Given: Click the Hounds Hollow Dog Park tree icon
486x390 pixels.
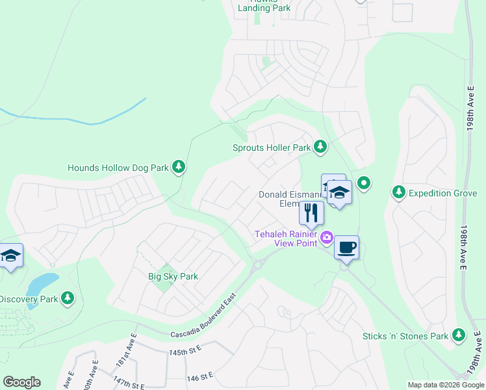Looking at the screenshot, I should pyautogui.click(x=179, y=167).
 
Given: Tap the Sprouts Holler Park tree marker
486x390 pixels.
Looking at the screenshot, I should pyautogui.click(x=320, y=147).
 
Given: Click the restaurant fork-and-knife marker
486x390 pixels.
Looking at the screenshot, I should pyautogui.click(x=311, y=213).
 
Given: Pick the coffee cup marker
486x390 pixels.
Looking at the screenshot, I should pyautogui.click(x=346, y=247).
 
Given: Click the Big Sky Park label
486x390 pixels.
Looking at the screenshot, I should pyautogui.click(x=173, y=276).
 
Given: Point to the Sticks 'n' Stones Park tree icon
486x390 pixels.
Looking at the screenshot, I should pyautogui.click(x=459, y=335).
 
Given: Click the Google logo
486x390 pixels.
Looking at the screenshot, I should pyautogui.click(x=21, y=382).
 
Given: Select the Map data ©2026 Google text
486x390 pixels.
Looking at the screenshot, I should pyautogui.click(x=445, y=385).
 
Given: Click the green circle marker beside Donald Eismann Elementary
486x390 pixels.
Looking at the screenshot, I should pyautogui.click(x=363, y=183).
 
